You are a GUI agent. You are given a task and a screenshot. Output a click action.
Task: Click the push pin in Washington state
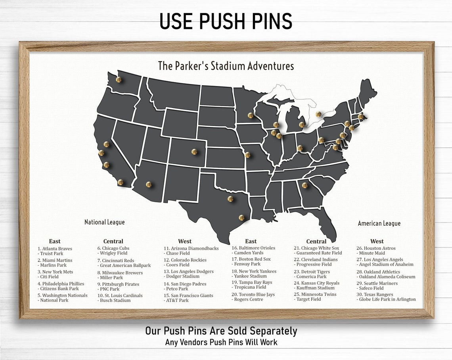tap(119, 79)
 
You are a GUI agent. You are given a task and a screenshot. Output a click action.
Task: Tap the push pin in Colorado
tap(194, 151)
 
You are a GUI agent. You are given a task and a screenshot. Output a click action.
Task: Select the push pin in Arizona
tap(149, 184)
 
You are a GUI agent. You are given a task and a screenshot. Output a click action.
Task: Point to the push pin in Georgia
tap(305, 185)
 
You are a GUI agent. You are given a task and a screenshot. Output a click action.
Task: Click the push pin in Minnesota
tap(250, 115)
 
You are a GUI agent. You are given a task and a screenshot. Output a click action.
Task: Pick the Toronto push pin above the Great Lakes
tap(318, 114)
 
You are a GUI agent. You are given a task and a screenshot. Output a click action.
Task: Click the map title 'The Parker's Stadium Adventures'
tap(226, 66)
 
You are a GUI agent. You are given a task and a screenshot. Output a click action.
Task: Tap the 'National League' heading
tap(104, 222)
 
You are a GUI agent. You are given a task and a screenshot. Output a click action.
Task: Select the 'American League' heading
tap(379, 223)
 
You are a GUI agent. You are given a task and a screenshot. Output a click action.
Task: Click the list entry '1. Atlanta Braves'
tap(55, 249)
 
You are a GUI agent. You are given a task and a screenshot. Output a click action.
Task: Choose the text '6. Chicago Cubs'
tap(113, 248)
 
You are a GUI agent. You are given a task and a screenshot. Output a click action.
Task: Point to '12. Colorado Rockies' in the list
tap(185, 260)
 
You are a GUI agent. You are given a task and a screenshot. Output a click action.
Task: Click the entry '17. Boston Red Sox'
tap(251, 259)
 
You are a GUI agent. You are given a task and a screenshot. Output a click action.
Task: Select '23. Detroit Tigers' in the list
tap(312, 272)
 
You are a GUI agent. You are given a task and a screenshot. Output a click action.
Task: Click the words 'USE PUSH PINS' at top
tap(226, 21)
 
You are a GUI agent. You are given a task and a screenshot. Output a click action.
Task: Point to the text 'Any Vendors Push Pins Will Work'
tap(221, 342)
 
